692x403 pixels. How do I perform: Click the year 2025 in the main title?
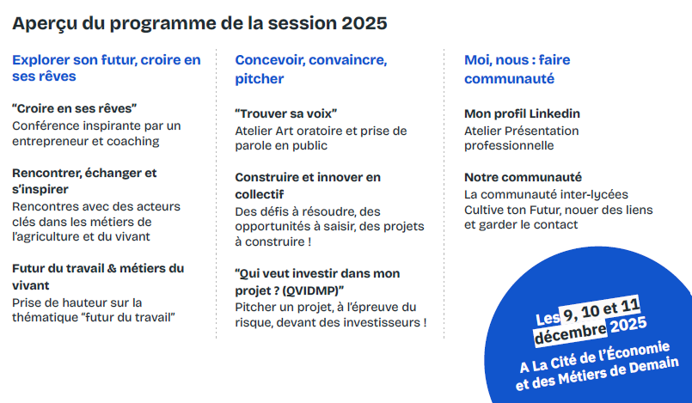(364, 23)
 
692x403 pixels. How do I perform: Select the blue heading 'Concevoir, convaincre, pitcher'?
(310, 69)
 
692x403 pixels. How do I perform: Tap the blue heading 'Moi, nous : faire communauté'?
(517, 69)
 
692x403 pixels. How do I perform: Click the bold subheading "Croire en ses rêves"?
(75, 108)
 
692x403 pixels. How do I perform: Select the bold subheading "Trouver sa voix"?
(285, 113)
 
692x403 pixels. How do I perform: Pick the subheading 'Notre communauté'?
(523, 177)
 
